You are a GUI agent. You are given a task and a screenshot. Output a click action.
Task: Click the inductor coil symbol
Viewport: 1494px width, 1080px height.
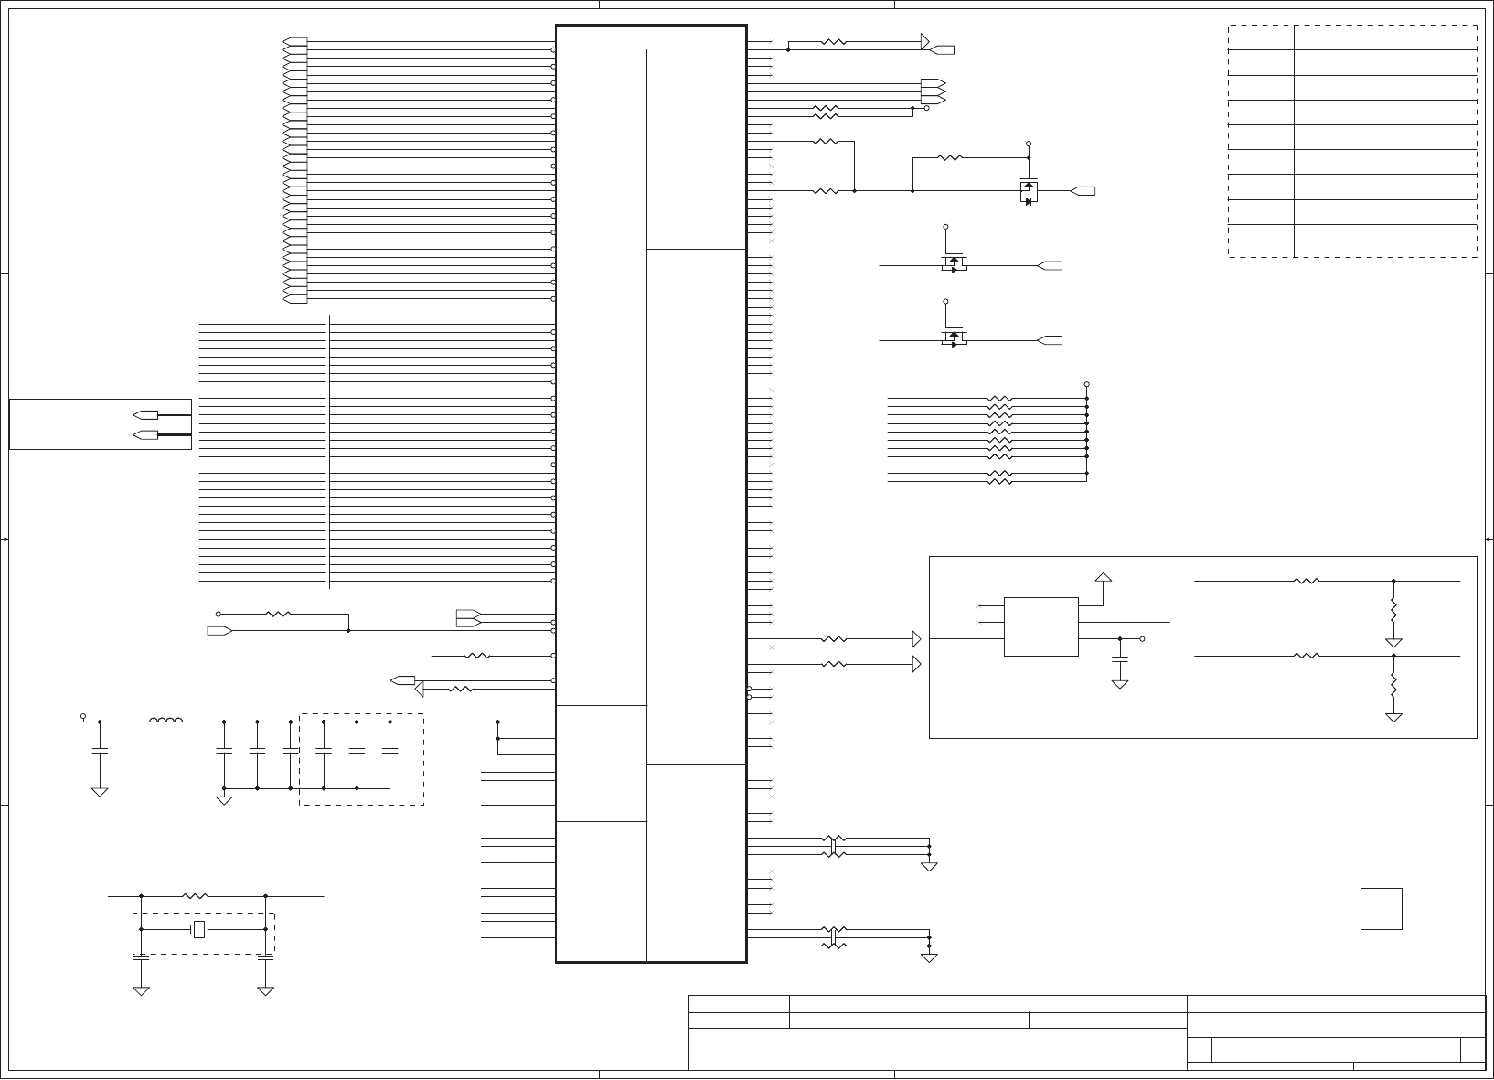tap(165, 721)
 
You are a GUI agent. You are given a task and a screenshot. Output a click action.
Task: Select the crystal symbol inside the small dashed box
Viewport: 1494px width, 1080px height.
tap(199, 929)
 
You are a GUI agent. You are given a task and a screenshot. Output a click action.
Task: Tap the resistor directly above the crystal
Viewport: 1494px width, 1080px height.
tap(196, 896)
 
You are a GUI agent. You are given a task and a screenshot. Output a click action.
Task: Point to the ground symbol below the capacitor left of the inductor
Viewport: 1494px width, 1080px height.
tap(100, 791)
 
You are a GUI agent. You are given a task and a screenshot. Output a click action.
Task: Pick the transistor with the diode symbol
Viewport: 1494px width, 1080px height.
tap(1029, 191)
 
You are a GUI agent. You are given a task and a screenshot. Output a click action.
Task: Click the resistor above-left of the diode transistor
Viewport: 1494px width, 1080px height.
tap(950, 157)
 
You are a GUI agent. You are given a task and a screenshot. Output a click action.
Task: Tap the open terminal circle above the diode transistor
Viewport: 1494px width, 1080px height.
tap(1029, 144)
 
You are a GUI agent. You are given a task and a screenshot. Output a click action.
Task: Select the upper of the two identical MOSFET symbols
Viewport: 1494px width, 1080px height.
tap(954, 264)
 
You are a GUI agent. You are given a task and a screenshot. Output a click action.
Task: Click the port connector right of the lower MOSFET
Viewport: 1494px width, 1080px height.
tap(1051, 340)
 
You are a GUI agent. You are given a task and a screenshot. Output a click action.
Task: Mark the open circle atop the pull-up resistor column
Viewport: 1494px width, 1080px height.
tap(1086, 384)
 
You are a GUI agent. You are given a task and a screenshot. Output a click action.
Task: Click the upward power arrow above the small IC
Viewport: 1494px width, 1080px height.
tap(1104, 578)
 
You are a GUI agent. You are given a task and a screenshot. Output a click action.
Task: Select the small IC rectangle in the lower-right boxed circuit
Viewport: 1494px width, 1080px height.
tap(1040, 626)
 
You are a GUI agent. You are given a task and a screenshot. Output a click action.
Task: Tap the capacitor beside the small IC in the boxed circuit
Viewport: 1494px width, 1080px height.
tap(1119, 658)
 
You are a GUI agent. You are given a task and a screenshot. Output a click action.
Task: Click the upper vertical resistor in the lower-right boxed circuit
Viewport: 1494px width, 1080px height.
tap(1393, 609)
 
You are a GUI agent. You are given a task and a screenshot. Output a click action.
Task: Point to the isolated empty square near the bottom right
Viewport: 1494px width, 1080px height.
tap(1381, 908)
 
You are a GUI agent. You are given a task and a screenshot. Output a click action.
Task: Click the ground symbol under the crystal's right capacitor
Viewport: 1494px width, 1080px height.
tap(265, 990)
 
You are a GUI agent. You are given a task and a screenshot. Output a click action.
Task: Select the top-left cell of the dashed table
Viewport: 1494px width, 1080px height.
tap(1261, 37)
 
